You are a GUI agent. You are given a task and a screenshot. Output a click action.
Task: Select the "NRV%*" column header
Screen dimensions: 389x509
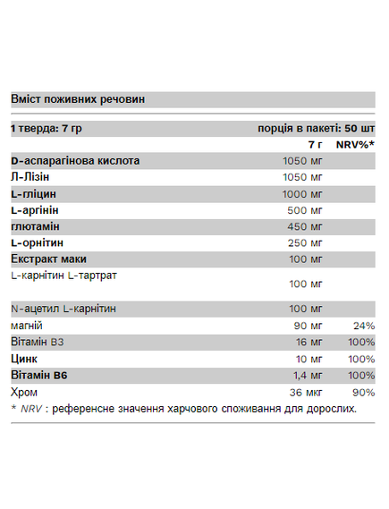[355, 144]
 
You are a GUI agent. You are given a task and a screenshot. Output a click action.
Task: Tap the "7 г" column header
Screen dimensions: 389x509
[314, 144]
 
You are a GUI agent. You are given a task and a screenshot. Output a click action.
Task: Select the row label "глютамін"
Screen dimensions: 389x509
[38, 226]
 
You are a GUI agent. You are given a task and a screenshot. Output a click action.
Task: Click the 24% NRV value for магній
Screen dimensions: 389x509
[363, 325]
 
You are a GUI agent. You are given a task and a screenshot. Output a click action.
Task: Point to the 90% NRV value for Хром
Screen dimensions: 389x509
[363, 391]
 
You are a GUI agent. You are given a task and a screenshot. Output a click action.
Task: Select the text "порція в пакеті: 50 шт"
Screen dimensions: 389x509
[316, 128]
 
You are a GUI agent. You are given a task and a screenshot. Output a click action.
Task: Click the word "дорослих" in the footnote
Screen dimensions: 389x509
[331, 409]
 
